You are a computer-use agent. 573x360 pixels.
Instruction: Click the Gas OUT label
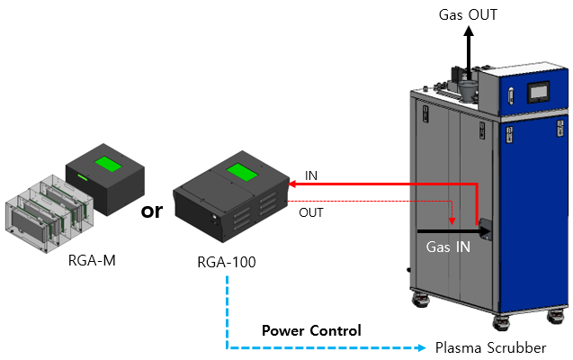468,14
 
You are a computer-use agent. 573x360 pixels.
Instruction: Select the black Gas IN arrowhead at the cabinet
487,231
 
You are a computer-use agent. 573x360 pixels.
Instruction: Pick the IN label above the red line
310,173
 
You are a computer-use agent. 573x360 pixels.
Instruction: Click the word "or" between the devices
153,212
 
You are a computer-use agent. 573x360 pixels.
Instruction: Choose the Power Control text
311,330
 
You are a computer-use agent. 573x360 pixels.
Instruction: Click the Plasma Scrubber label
490,347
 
